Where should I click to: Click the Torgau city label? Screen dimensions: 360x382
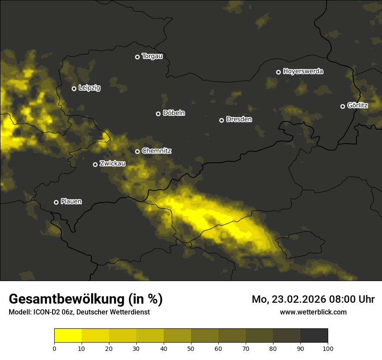click(x=152, y=56)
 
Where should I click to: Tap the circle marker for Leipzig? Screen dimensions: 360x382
click(x=74, y=88)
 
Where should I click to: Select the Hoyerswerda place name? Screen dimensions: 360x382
click(x=303, y=72)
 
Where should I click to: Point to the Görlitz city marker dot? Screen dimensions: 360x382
click(x=342, y=106)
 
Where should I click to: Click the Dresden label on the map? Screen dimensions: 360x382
click(x=239, y=120)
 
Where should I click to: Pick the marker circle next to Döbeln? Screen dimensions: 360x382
click(x=158, y=114)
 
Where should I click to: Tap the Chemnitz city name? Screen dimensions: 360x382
click(x=156, y=151)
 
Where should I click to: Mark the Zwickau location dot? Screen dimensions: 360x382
click(x=95, y=164)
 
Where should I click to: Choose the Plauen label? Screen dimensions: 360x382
click(x=71, y=202)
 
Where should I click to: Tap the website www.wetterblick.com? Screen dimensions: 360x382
click(x=313, y=312)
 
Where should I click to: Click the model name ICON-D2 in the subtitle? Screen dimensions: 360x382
click(x=46, y=312)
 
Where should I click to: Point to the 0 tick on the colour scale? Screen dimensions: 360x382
click(x=54, y=348)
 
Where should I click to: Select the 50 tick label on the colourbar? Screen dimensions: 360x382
click(x=191, y=348)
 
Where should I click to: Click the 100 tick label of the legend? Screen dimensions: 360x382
click(x=328, y=348)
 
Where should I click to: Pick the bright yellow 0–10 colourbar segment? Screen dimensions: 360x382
click(x=68, y=336)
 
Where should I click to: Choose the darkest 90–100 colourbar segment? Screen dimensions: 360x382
click(x=314, y=336)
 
